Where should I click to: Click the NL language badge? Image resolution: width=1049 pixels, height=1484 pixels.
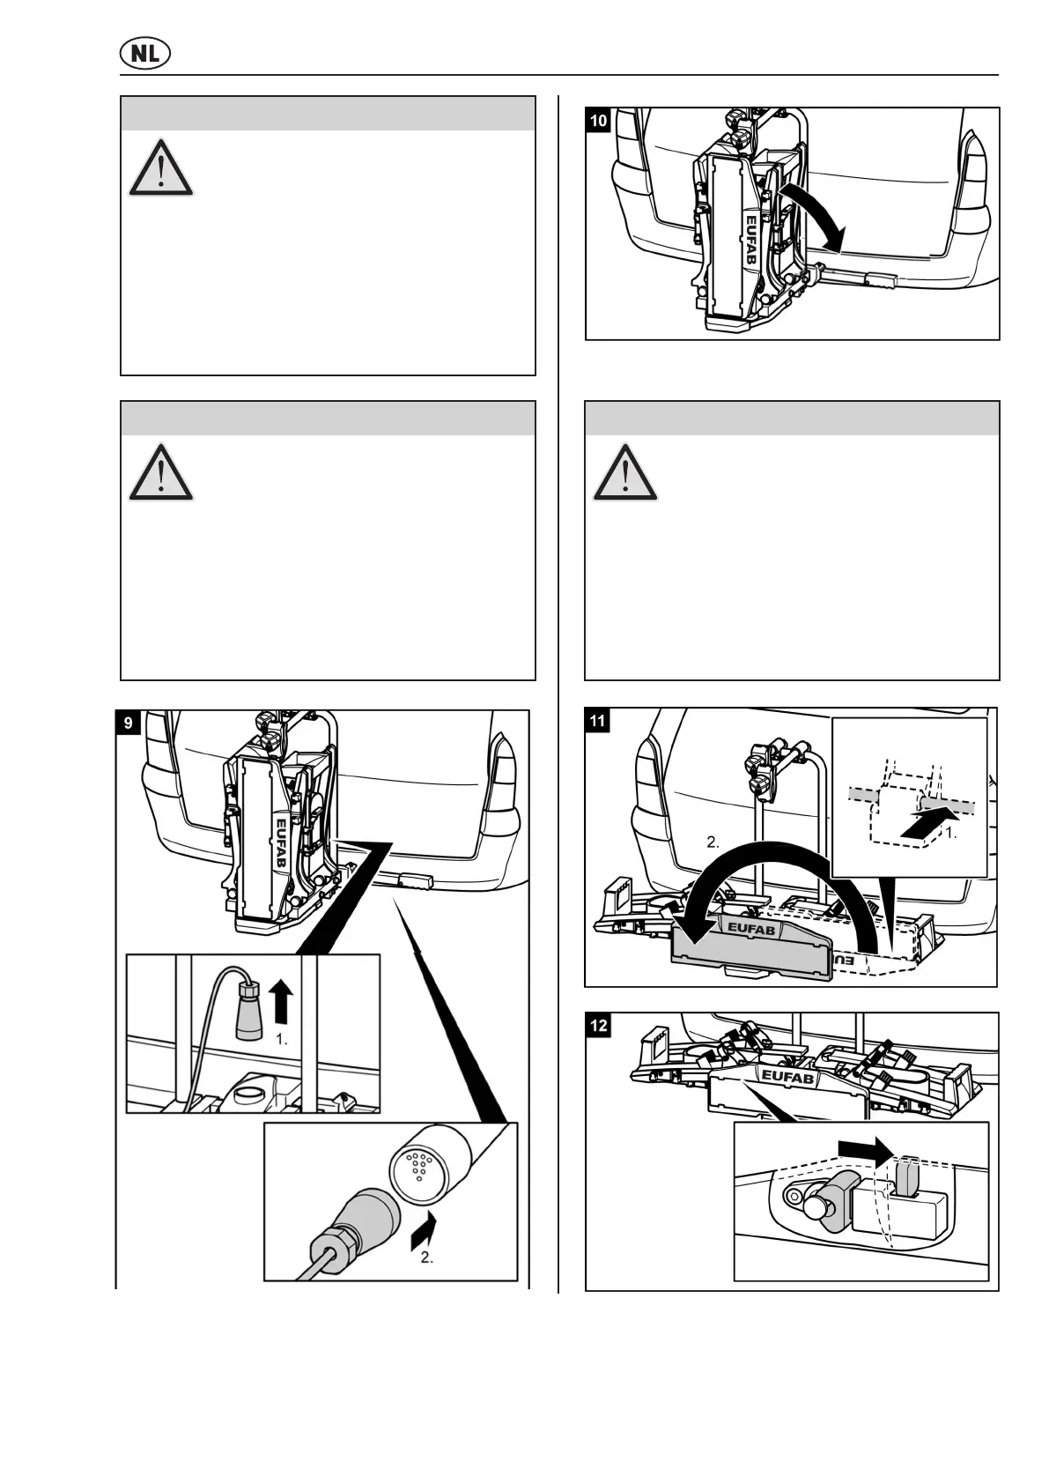point(144,54)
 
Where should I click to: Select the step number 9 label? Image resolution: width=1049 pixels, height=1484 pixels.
point(129,723)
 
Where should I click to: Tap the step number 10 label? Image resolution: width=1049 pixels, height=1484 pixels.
point(598,120)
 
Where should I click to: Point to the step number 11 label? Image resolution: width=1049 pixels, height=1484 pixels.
point(597,721)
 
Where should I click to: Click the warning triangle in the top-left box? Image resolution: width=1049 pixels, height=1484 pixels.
point(161,167)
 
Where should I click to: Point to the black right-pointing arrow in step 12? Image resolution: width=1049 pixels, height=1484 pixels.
point(867,1147)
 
